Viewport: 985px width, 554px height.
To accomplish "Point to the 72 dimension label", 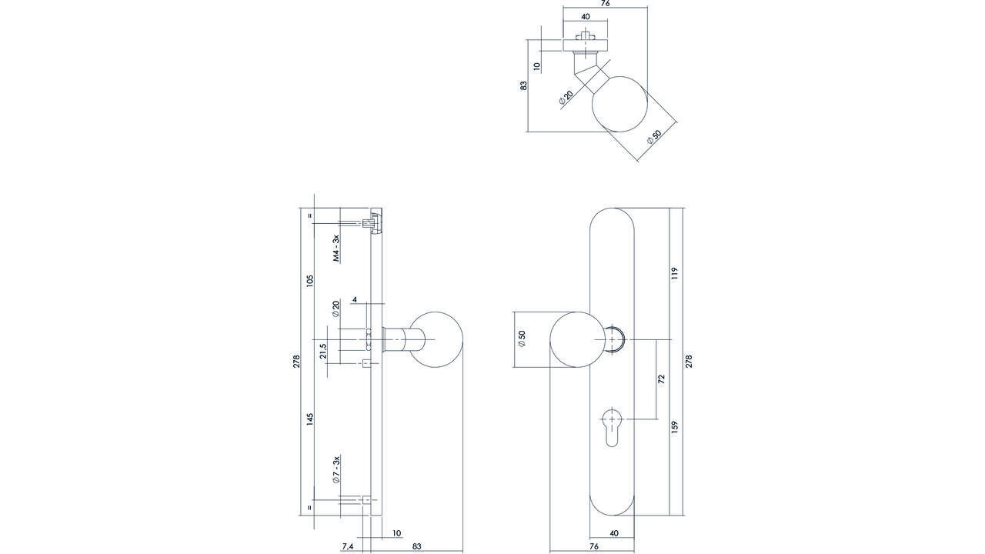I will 661,379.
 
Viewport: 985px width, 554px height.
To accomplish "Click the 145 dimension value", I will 310,419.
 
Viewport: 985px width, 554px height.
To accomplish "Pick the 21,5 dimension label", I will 324,352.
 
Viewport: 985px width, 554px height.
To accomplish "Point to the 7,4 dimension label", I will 348,546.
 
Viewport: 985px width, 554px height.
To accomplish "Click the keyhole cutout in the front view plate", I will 612,426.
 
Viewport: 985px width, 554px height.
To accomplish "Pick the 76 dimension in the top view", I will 605,4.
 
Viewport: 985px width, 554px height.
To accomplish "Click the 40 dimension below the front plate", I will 613,533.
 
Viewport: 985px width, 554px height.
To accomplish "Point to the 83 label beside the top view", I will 524,86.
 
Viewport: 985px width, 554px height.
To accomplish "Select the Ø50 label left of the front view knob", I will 521,339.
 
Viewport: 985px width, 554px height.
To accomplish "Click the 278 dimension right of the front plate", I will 689,361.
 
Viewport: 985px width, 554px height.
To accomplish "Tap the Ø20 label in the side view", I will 336,309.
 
